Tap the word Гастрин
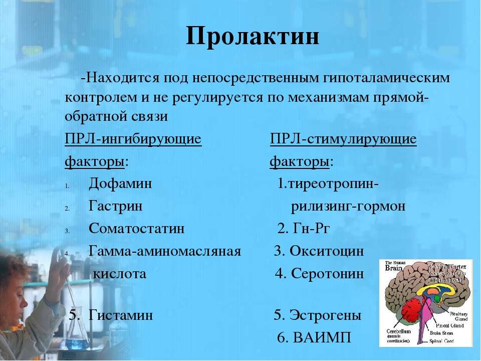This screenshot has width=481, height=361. point(115,207)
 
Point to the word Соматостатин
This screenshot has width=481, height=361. point(136,229)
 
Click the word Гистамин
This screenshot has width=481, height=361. point(121,316)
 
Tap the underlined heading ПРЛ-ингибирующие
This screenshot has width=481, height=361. point(133,138)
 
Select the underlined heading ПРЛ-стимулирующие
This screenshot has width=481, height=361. point(343,138)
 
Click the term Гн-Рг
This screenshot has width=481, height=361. point(311,229)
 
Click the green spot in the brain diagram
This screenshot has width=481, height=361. point(438,299)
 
